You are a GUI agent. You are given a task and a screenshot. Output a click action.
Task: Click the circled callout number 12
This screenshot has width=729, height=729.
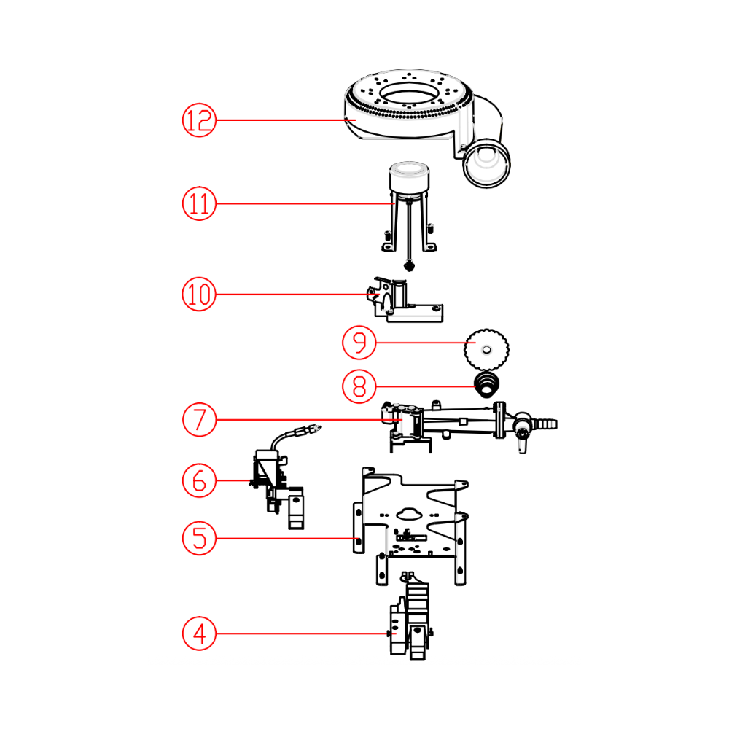tap(199, 120)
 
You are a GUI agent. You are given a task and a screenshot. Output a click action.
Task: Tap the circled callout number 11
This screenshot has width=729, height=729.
tap(199, 203)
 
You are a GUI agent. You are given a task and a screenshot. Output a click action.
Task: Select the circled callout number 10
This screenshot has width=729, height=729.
tap(199, 295)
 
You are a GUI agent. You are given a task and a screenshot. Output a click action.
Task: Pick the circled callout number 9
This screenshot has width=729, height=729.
tap(359, 343)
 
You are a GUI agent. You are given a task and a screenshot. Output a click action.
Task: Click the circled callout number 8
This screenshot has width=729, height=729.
tap(359, 386)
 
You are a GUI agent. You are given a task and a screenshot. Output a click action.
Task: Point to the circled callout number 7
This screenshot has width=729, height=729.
tap(199, 419)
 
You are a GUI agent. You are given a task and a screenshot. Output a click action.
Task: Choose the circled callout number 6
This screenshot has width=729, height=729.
tap(199, 480)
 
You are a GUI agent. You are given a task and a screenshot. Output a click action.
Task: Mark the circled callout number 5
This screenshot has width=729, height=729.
tap(199, 539)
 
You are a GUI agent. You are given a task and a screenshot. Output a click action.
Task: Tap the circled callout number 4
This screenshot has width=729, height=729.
tap(199, 634)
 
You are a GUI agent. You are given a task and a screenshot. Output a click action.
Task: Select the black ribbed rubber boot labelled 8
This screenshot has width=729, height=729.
tap(487, 384)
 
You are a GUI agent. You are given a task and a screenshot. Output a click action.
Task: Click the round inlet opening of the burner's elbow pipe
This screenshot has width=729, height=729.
tap(486, 163)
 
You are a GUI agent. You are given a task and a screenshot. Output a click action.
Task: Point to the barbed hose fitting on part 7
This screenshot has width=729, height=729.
tap(547, 424)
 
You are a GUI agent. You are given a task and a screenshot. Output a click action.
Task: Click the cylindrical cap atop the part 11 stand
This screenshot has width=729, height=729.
tap(409, 176)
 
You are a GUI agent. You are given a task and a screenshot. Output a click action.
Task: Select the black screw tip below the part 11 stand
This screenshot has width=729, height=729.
tap(409, 266)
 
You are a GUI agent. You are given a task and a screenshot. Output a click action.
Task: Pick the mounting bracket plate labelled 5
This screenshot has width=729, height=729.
tap(411, 526)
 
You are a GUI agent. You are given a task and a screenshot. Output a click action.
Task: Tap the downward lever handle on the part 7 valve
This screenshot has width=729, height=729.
tap(523, 443)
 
